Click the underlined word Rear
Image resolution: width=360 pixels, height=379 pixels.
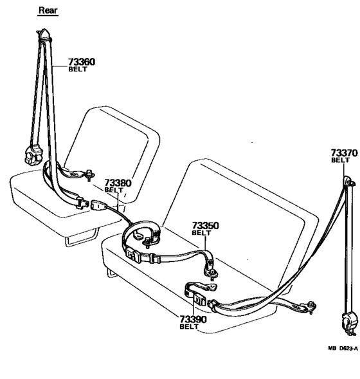coord(48,10)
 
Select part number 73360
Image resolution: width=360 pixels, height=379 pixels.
coord(82,62)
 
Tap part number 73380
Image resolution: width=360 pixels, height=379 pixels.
coord(118,183)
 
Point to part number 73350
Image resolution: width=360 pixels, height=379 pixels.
coord(205,226)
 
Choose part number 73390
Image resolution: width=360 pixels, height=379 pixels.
coord(193,320)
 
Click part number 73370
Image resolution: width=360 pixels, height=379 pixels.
coord(344,153)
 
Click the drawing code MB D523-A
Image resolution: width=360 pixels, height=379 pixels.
coord(343,348)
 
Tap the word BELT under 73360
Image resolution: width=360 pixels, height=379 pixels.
coord(78,69)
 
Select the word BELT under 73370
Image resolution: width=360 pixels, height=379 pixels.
coord(340,160)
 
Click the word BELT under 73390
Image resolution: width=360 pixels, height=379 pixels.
coord(189,326)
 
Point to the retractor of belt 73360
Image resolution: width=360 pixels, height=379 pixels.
coord(33,155)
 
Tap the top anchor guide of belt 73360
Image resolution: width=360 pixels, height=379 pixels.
coord(44,35)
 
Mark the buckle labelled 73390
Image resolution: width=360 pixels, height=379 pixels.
coord(199,300)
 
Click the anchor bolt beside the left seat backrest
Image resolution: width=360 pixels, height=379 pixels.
coord(90,174)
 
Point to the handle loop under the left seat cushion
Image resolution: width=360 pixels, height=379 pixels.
coord(82,239)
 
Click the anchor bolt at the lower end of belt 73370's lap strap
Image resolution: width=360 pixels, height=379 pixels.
coord(311,307)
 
